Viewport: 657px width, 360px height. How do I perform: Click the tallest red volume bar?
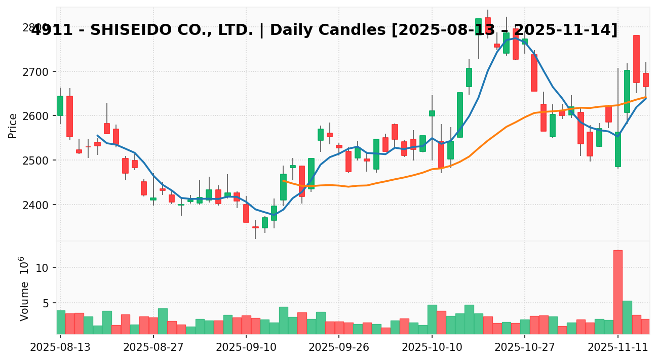tap(617, 292)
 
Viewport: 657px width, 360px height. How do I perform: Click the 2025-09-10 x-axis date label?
tap(246, 348)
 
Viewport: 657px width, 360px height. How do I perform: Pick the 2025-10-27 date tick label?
tap(525, 348)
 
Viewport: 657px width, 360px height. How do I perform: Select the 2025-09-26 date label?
tap(339, 348)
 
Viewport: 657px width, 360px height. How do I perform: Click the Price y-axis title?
tap(13, 126)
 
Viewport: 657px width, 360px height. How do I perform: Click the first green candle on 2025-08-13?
tap(60, 106)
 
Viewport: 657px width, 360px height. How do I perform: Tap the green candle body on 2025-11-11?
tap(617, 149)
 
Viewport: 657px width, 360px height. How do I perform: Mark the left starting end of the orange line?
tap(283, 180)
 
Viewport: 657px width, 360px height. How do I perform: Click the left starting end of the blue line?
tap(97, 135)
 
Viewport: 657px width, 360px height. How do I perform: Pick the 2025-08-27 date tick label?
tap(153, 348)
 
